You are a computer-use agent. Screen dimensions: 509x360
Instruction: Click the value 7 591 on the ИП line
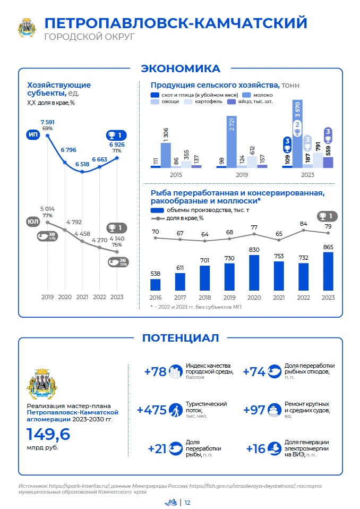tap(47, 122)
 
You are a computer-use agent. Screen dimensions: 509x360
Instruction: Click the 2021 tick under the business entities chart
tap(82, 298)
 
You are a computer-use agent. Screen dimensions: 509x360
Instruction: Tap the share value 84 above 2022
tap(304, 224)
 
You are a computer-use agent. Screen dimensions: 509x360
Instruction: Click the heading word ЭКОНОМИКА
tap(180, 69)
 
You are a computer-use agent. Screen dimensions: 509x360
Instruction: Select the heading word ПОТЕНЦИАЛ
tap(180, 338)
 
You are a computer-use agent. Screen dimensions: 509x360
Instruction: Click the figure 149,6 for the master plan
tap(48, 435)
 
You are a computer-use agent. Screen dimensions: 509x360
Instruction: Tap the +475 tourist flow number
tap(151, 410)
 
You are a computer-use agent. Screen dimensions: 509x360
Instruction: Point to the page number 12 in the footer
tap(187, 503)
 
